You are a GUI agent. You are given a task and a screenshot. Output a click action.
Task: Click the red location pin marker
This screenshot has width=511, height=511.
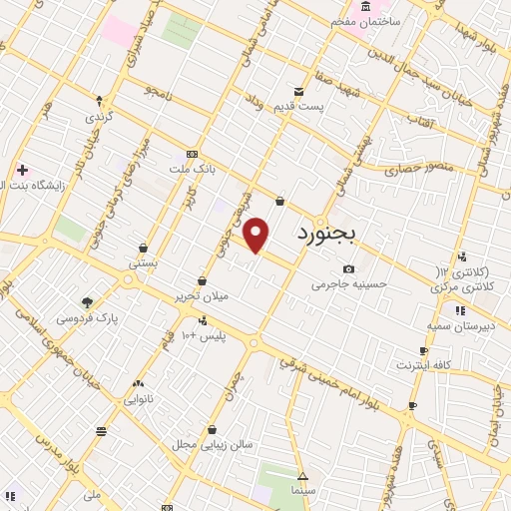point(257,236)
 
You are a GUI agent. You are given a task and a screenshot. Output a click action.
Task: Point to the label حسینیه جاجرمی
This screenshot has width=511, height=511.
point(348,284)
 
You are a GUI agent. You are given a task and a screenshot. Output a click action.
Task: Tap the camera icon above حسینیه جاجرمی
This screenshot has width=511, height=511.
point(348,268)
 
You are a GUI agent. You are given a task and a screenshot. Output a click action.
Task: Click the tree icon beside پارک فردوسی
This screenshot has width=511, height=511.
point(88,302)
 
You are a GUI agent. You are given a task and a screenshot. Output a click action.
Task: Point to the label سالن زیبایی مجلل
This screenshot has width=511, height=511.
point(212,443)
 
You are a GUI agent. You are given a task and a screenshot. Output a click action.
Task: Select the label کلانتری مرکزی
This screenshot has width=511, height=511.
point(463,286)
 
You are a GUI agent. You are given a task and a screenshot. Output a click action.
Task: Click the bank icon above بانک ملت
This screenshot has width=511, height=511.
point(191,155)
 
